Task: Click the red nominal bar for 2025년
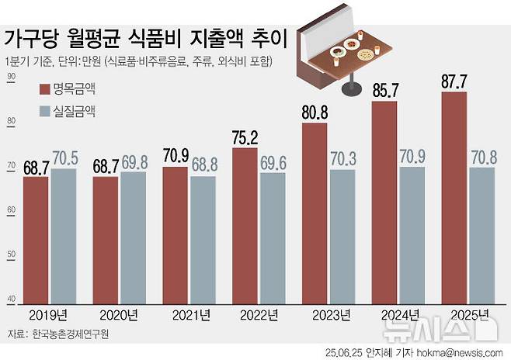pyautogui.click(x=454, y=198)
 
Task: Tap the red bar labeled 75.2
pyautogui.click(x=245, y=224)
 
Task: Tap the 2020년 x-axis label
pyautogui.click(x=119, y=314)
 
